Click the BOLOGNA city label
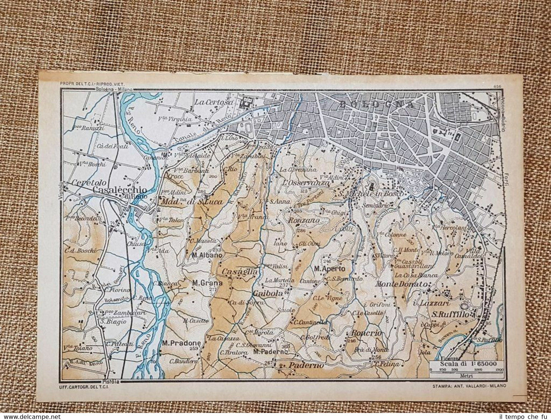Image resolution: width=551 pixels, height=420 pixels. coord(376,104)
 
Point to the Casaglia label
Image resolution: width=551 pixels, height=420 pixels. coord(239,272)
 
